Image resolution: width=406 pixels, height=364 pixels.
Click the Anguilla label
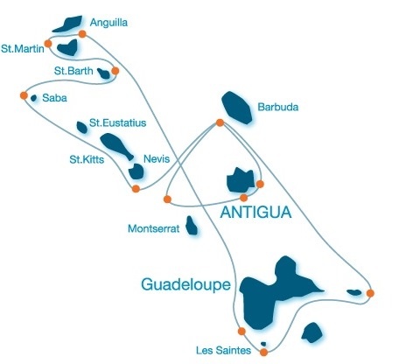coord(108,23)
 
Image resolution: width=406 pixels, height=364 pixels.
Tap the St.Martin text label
coord(23,48)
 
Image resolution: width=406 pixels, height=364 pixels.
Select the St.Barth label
coord(73,71)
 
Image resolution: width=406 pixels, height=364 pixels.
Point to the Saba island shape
coord(34,98)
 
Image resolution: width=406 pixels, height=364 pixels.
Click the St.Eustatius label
coord(117,122)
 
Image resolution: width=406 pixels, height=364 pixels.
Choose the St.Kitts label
coord(87,159)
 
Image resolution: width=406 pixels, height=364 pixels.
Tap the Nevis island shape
coord(136,171)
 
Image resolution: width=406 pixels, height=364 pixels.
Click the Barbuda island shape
coord(236,108)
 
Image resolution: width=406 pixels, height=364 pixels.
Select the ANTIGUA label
coord(255,212)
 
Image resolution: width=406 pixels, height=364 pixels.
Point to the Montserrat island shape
coord(192,226)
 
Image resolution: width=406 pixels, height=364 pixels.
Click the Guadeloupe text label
coord(186,284)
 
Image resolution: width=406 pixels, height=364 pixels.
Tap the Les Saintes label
coord(223,350)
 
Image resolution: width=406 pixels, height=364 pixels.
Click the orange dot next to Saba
coord(24,95)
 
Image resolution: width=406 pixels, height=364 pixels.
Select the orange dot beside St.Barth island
coord(115,71)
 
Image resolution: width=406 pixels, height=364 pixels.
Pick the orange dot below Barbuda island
coord(220,122)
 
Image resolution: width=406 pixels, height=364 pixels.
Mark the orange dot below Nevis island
coord(136,189)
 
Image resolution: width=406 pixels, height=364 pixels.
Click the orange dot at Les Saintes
coord(263,352)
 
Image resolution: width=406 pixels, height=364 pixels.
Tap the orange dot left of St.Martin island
coord(48,44)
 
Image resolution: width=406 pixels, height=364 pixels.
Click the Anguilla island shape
coord(67,24)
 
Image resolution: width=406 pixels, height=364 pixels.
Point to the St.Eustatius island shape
coord(81,128)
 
